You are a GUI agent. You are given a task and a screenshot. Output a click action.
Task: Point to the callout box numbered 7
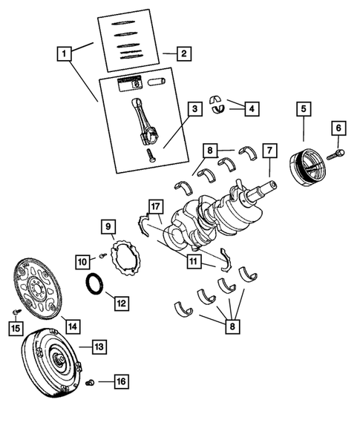pos(270,151)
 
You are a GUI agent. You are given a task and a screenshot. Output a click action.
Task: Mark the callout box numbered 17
pos(154,206)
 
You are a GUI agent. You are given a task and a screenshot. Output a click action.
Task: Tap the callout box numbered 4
pos(252,109)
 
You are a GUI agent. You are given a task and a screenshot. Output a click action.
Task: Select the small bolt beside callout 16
pos(88,382)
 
